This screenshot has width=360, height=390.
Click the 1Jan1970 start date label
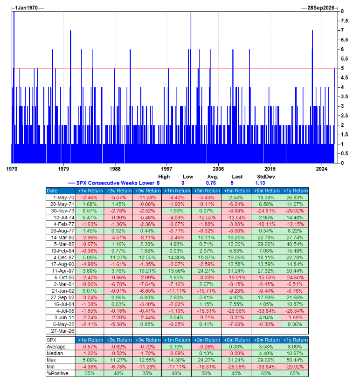27,8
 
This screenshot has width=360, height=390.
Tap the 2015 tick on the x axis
270,168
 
